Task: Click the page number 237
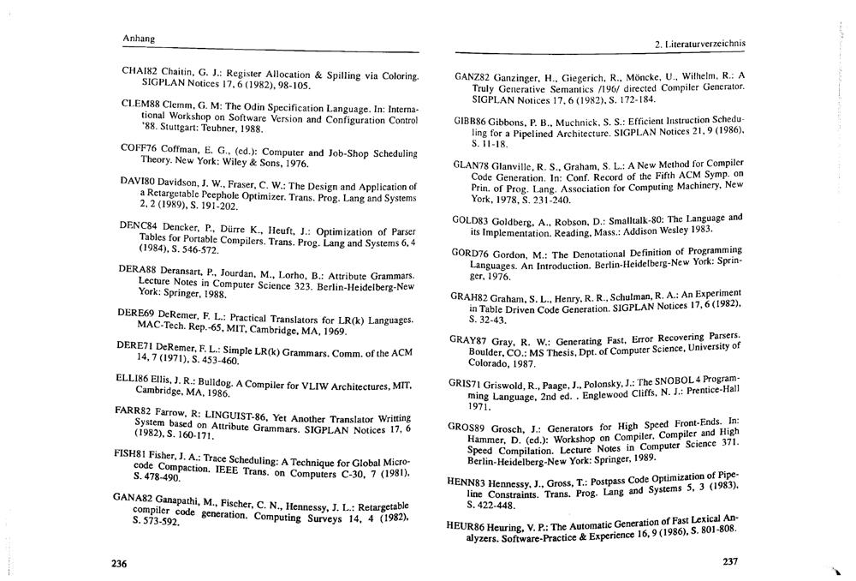point(729,563)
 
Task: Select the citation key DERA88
point(130,268)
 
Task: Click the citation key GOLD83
point(469,220)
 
